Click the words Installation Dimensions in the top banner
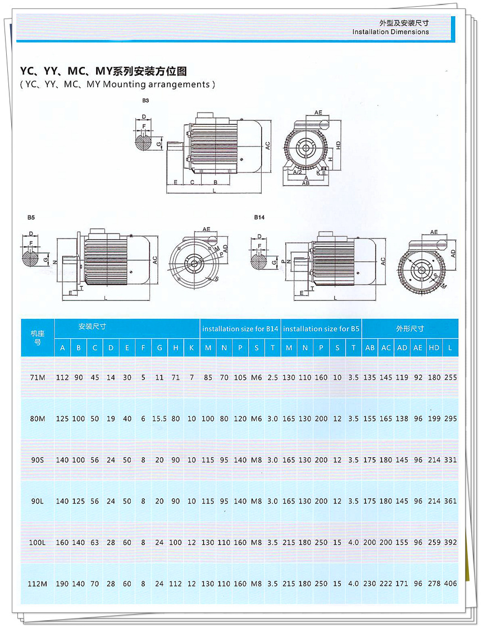(390, 32)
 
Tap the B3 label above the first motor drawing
(145, 100)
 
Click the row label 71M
(38, 378)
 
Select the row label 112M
(38, 584)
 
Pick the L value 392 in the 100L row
(450, 543)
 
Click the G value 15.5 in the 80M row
(160, 419)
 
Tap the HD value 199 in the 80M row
(434, 419)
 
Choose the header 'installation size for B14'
(240, 328)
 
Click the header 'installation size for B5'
(321, 328)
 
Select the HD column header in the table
(434, 348)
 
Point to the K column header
(192, 348)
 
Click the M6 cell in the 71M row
(257, 378)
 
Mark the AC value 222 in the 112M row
(386, 584)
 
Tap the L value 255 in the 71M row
(450, 378)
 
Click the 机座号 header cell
(38, 338)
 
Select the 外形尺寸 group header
(410, 328)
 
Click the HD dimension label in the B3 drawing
(339, 145)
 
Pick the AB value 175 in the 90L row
(370, 502)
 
